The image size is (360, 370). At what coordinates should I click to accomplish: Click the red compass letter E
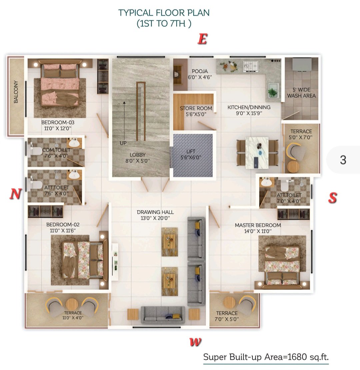point(203,39)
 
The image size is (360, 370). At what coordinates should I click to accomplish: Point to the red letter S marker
point(332,198)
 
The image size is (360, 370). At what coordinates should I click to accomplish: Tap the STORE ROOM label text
point(196,108)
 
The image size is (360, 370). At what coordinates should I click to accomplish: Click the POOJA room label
point(200,71)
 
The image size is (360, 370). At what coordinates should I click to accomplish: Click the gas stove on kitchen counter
point(251,66)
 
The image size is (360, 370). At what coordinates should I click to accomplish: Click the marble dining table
point(257,153)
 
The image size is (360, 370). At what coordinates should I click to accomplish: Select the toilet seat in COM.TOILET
point(35,151)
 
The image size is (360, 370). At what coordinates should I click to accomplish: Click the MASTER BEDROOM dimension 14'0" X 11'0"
point(258,231)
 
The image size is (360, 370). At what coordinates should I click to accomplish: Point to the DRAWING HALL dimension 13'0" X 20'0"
point(155,218)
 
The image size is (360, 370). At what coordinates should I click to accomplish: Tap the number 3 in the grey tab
point(343,160)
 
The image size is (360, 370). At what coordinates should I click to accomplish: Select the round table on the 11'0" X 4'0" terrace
point(72,305)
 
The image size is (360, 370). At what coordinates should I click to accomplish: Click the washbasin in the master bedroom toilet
point(267,182)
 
